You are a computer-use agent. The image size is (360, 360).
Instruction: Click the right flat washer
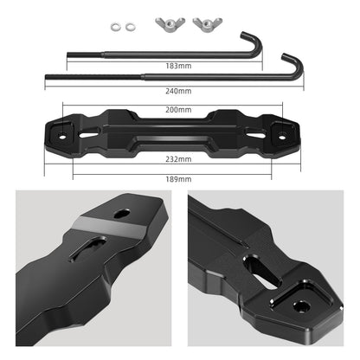click(130, 26)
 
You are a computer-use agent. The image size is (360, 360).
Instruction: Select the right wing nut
click(205, 22)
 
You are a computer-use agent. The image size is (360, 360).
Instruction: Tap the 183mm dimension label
click(179, 66)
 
